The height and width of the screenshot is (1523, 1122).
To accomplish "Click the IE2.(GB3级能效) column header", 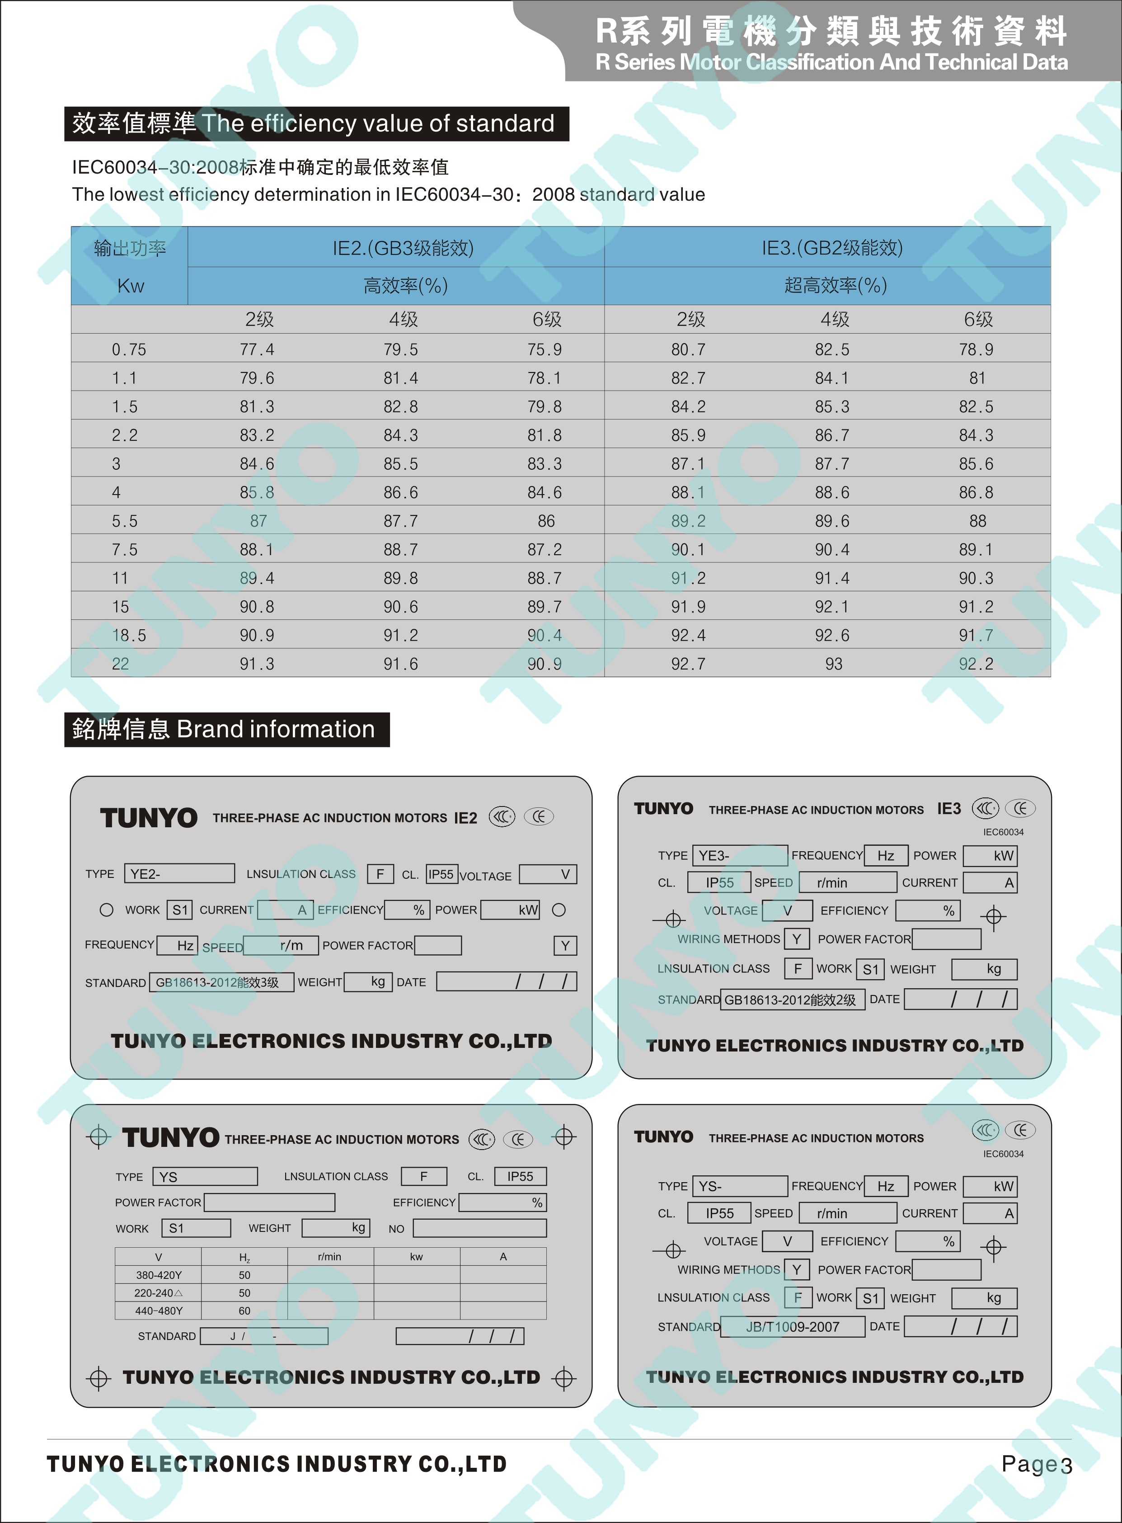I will (x=403, y=248).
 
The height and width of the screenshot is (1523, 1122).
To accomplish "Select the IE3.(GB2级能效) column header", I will (x=832, y=248).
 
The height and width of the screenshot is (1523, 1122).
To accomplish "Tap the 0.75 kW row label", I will (x=129, y=350).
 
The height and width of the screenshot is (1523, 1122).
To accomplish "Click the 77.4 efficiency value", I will (x=257, y=350).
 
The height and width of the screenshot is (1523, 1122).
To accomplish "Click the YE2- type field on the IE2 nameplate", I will (x=179, y=873).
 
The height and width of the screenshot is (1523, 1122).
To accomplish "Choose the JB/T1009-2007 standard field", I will (x=793, y=1327).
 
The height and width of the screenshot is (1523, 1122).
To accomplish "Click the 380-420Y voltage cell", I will (x=159, y=1275).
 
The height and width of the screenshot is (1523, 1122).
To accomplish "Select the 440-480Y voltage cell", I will (x=159, y=1311).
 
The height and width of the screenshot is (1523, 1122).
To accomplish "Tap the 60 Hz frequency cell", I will (x=244, y=1311).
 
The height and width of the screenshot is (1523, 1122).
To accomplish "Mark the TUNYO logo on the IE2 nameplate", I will (x=149, y=818).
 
